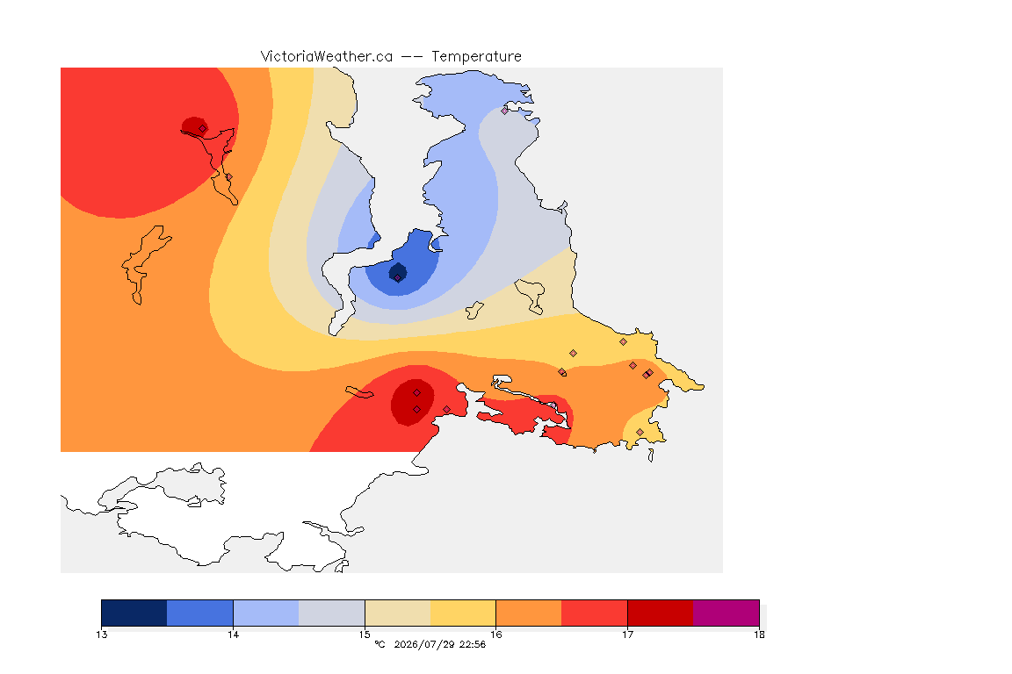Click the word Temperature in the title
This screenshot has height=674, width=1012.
click(476, 57)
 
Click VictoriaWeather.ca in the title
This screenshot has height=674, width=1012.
click(327, 57)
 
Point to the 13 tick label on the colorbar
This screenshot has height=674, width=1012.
click(102, 635)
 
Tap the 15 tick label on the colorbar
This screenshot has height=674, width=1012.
click(365, 635)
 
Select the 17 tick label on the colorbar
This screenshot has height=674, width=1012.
click(627, 635)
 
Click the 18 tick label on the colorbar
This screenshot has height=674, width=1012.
click(759, 635)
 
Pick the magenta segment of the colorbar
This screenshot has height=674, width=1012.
click(726, 613)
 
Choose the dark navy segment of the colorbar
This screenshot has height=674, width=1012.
click(134, 613)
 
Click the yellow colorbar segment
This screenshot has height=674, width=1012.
click(463, 613)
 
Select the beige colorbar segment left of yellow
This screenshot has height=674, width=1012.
click(398, 613)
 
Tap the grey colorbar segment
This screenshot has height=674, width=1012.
click(332, 613)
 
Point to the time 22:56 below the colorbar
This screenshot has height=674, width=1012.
click(473, 644)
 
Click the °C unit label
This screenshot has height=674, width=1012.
click(379, 644)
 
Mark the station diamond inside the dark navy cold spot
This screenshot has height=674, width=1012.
click(398, 278)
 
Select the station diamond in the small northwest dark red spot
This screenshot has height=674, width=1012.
click(203, 128)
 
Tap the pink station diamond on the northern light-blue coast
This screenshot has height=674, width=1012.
click(505, 111)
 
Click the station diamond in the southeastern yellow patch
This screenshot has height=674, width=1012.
click(640, 432)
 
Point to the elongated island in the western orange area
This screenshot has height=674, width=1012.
click(144, 264)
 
